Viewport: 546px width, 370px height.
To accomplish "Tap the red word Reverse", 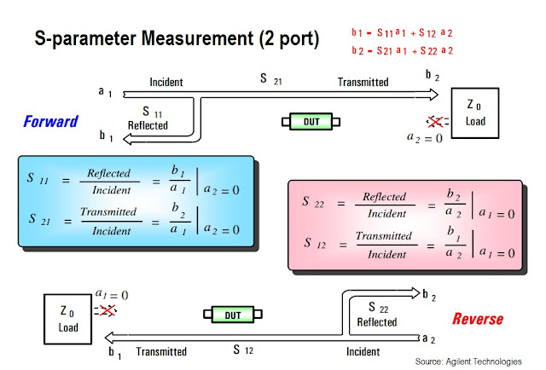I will coord(477,320).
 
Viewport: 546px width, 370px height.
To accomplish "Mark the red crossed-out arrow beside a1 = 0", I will coord(107,310).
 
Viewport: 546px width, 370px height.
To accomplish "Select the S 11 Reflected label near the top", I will coord(148,118).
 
